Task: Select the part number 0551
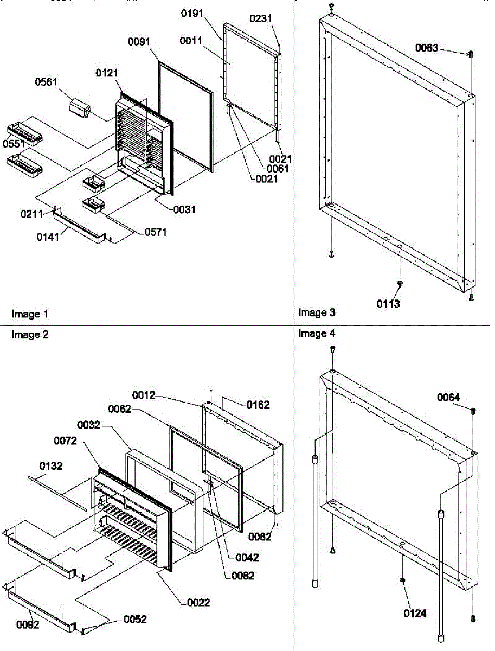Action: pyautogui.click(x=13, y=144)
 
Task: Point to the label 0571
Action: pyautogui.click(x=156, y=232)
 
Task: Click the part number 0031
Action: pyautogui.click(x=184, y=209)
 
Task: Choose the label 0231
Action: pyautogui.click(x=261, y=18)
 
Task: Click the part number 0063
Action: pyautogui.click(x=427, y=48)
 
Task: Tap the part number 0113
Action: pyautogui.click(x=389, y=304)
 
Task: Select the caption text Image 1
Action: pyautogui.click(x=30, y=314)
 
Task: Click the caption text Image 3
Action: pyautogui.click(x=317, y=312)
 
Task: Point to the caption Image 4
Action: pyautogui.click(x=317, y=334)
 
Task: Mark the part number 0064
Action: pyautogui.click(x=449, y=398)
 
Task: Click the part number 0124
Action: pyautogui.click(x=415, y=614)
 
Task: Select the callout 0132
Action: pyautogui.click(x=50, y=465)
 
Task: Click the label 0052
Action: pyautogui.click(x=136, y=619)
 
